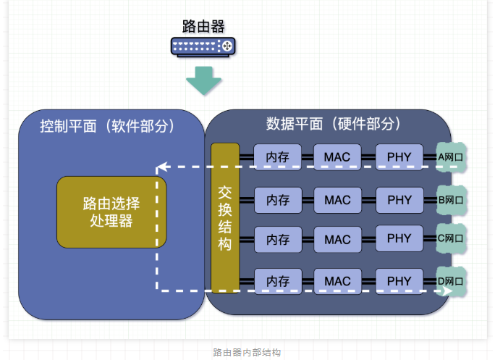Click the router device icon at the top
203,47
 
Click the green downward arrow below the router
203,80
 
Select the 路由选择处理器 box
111,212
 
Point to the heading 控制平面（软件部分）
107,126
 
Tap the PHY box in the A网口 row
399,156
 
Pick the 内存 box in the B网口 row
277,199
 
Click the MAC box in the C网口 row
337,240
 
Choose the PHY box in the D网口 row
399,280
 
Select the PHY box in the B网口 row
399,198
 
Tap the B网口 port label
451,199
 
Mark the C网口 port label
451,239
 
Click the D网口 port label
451,280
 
